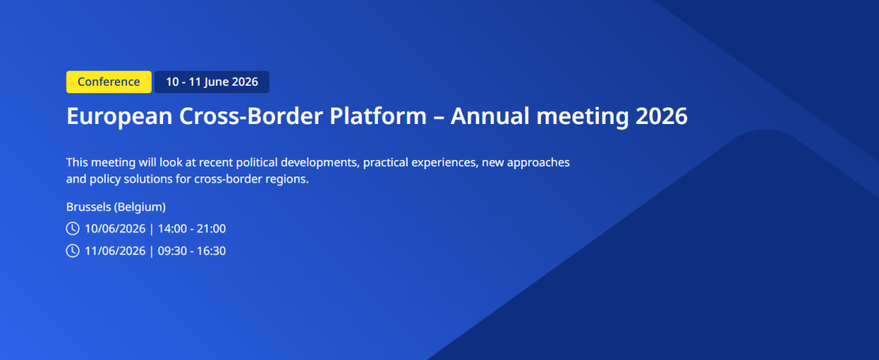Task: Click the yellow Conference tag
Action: [x=109, y=82]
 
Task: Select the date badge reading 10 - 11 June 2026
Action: [x=212, y=82]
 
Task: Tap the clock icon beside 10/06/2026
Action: [x=73, y=228]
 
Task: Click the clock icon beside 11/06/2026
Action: [x=73, y=251]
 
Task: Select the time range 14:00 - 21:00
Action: [x=192, y=228]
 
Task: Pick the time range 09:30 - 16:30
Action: [x=192, y=251]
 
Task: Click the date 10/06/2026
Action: [x=115, y=228]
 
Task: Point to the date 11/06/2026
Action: [x=115, y=251]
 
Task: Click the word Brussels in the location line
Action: [x=88, y=207]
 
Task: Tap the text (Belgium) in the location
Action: [x=140, y=207]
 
